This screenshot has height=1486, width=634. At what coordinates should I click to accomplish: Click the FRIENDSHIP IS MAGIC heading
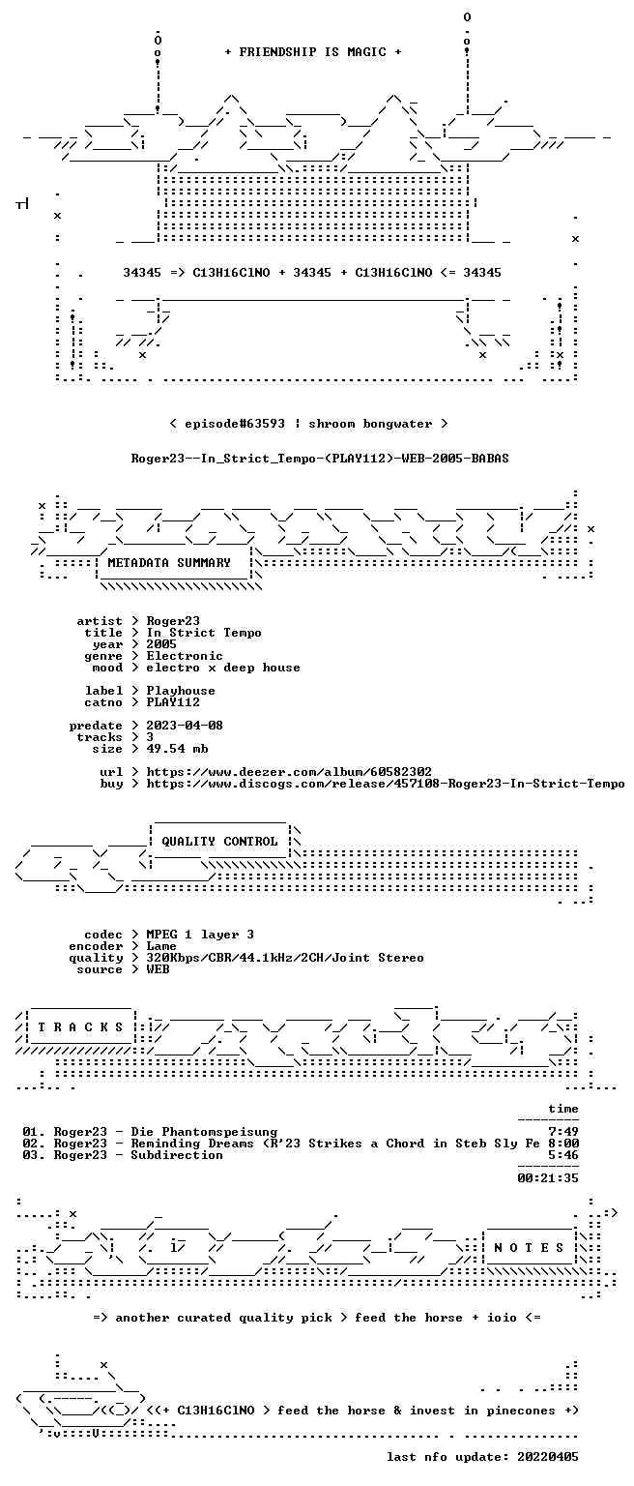[313, 51]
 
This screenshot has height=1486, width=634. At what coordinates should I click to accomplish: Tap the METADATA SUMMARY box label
[169, 562]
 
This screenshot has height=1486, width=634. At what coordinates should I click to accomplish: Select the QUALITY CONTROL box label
[219, 841]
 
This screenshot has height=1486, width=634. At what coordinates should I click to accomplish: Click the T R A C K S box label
[80, 1026]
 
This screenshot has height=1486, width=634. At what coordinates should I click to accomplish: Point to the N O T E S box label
[529, 1247]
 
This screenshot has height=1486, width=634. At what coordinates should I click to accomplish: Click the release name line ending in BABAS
[320, 459]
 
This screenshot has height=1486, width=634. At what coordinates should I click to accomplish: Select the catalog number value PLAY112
[173, 701]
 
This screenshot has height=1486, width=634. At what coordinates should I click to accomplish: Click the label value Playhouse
[181, 691]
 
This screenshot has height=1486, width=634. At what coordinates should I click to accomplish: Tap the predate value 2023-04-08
[185, 725]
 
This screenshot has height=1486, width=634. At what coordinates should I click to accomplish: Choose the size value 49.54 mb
[177, 748]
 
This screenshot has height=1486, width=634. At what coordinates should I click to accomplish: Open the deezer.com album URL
[289, 771]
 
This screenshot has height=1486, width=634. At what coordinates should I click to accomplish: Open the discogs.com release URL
[386, 784]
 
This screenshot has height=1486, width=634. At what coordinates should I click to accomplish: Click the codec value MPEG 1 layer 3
[200, 934]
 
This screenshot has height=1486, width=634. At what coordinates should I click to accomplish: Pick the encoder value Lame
[161, 946]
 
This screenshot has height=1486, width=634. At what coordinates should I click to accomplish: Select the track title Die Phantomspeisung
[204, 1132]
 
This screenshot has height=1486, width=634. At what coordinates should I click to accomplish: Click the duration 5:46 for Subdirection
[563, 1155]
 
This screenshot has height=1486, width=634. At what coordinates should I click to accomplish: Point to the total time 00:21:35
[548, 1178]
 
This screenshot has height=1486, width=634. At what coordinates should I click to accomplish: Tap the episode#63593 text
[235, 423]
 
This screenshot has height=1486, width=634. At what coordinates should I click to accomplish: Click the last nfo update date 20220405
[548, 1457]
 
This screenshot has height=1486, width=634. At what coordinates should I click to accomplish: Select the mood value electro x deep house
[223, 668]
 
